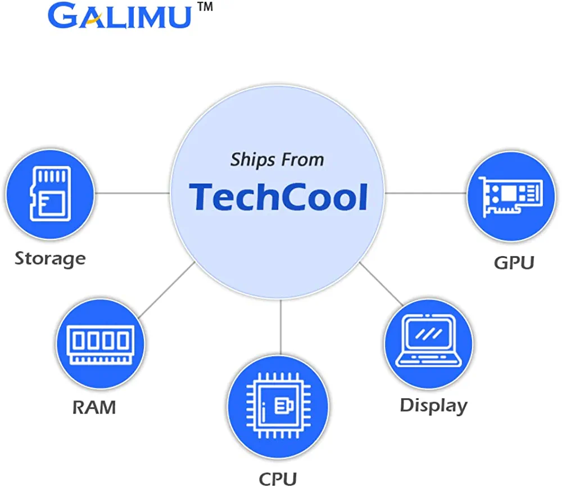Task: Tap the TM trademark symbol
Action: pyautogui.click(x=203, y=8)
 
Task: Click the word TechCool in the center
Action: pyautogui.click(x=278, y=197)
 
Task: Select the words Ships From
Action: pyautogui.click(x=277, y=160)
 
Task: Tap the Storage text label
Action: pyautogui.click(x=50, y=258)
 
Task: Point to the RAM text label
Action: pyautogui.click(x=94, y=407)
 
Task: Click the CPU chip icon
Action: pyautogui.click(x=279, y=404)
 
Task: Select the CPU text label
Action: pyautogui.click(x=278, y=478)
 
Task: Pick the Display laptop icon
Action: pyautogui.click(x=428, y=341)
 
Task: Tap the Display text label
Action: pyautogui.click(x=433, y=406)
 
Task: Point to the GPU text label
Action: pyautogui.click(x=513, y=262)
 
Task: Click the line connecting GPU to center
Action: pyautogui.click(x=425, y=193)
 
